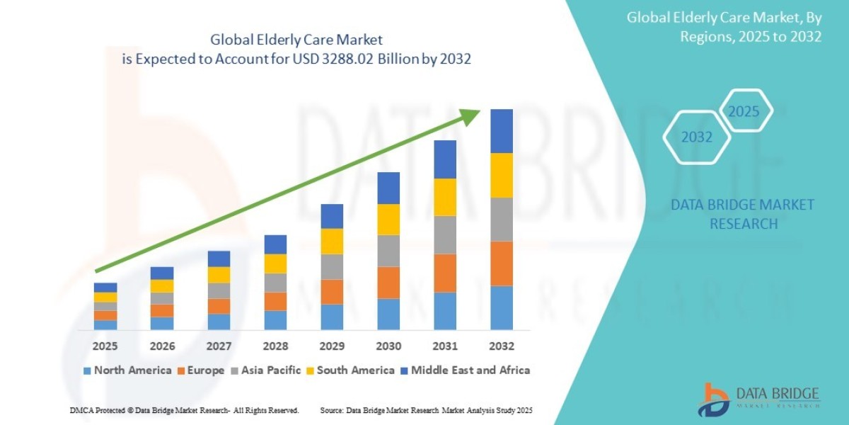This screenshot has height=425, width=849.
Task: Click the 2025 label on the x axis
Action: tap(105, 346)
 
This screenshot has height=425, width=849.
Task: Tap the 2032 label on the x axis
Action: tap(501, 346)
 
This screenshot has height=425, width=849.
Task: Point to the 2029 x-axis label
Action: tap(332, 346)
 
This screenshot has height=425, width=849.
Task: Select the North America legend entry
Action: tap(127, 370)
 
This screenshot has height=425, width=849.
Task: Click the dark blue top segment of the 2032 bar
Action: tap(502, 131)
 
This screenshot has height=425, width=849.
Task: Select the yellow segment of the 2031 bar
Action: tap(445, 197)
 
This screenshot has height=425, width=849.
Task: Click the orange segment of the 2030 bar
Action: tap(388, 283)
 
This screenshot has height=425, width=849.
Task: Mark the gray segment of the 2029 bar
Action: tap(332, 266)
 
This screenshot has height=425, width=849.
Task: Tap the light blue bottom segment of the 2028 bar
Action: tap(275, 320)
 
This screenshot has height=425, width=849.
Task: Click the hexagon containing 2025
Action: tap(744, 111)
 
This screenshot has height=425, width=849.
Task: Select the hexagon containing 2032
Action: tap(697, 137)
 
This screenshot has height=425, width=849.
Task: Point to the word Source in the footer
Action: tap(332, 410)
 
